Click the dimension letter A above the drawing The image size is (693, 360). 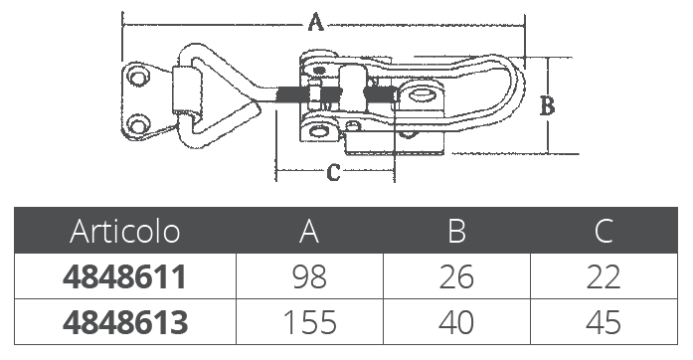[315, 22]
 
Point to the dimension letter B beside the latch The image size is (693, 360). [548, 106]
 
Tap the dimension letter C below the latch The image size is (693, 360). [334, 172]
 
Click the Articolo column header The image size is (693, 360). [125, 231]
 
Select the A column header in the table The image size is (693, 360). [309, 231]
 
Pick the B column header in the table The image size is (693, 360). [456, 231]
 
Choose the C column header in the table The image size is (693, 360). [604, 231]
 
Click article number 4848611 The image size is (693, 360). [124, 277]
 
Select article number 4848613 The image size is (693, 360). [125, 322]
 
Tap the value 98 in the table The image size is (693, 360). [309, 277]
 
